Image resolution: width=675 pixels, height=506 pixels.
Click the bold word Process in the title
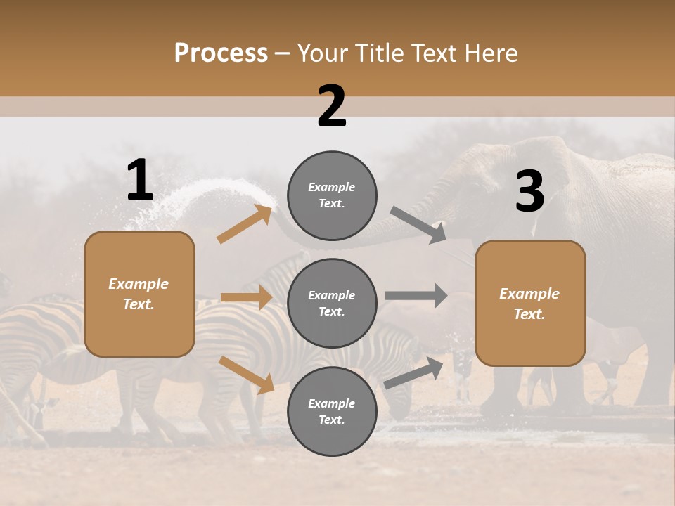pos(221,53)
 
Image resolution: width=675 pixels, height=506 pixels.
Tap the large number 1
pos(140,181)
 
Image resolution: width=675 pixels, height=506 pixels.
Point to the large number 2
pos(331,106)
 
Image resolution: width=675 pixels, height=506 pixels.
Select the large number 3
pos(529,192)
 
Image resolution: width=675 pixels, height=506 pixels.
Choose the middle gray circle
pos(332,303)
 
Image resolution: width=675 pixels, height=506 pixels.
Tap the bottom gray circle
pos(332,411)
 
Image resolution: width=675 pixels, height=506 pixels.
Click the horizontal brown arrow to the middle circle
pos(246,297)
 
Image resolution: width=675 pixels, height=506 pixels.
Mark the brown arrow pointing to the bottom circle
pos(246,375)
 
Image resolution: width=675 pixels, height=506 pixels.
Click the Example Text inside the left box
pos(139,294)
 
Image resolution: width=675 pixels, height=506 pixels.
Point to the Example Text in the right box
pos(529,304)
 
